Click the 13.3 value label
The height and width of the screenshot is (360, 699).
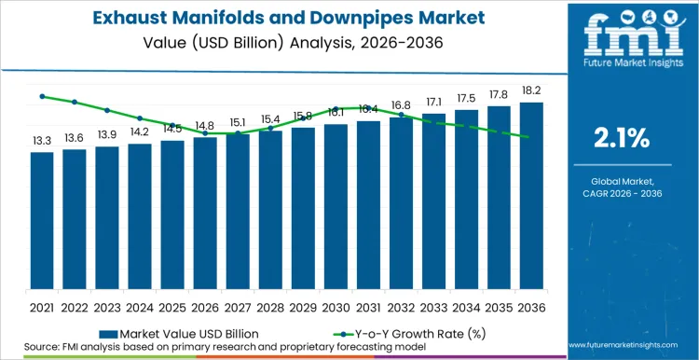click(42, 141)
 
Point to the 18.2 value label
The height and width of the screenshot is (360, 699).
click(531, 91)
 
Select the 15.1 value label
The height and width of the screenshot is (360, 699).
click(238, 122)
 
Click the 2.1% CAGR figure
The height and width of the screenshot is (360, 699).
click(622, 139)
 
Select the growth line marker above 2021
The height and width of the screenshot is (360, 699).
click(42, 96)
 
